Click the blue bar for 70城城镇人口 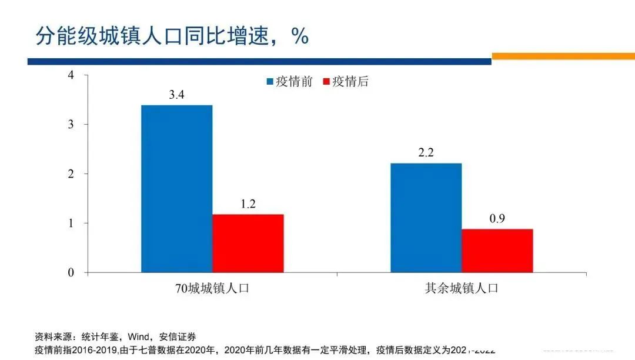point(176,188)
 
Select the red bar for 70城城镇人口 point(248,243)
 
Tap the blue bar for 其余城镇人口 point(426,218)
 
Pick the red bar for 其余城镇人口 point(497,251)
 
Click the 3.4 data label point(176,95)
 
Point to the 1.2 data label point(248,204)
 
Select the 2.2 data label point(426,153)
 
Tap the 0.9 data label point(497,219)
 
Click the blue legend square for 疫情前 point(270,82)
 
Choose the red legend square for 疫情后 point(327,82)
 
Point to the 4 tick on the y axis point(71,75)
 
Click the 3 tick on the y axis point(71,124)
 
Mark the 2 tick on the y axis point(71,174)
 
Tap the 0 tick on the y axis point(71,272)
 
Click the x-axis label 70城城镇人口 point(212,289)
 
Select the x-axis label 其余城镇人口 point(462,289)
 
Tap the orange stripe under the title point(563,56)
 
